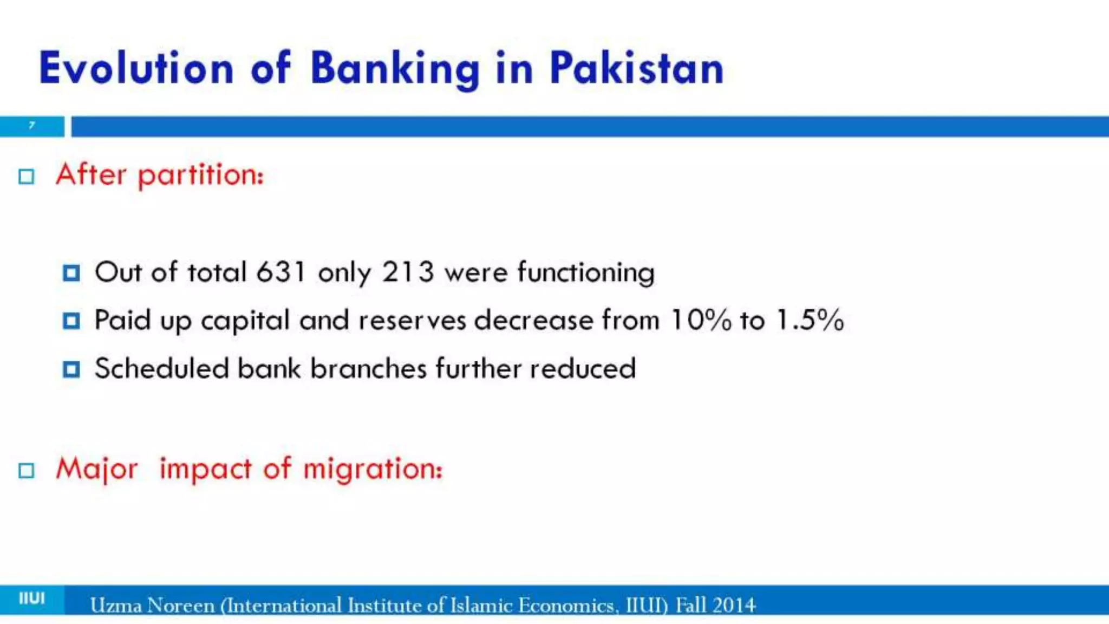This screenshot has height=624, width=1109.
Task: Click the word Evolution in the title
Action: (x=136, y=68)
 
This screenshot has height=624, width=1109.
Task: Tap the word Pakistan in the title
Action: (x=636, y=68)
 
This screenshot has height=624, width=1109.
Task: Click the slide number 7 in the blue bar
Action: (x=32, y=126)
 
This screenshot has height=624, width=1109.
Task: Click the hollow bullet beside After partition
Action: (x=26, y=177)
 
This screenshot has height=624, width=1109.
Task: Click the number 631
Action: (x=280, y=271)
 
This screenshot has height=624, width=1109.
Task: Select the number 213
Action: (x=408, y=271)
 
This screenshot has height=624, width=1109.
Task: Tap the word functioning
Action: (x=586, y=272)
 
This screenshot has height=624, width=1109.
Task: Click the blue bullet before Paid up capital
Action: (x=71, y=321)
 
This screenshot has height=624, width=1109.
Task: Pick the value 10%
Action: (x=701, y=320)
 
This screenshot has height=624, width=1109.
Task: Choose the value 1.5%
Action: (x=810, y=320)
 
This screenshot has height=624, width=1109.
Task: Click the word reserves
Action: (x=412, y=320)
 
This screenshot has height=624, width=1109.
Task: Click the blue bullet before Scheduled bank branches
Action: (x=71, y=369)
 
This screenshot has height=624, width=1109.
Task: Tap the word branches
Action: (x=369, y=368)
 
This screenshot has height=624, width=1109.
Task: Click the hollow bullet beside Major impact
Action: (x=26, y=470)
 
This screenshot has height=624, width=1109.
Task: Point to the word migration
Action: (x=373, y=469)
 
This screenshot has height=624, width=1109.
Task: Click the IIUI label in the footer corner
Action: (x=32, y=599)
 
